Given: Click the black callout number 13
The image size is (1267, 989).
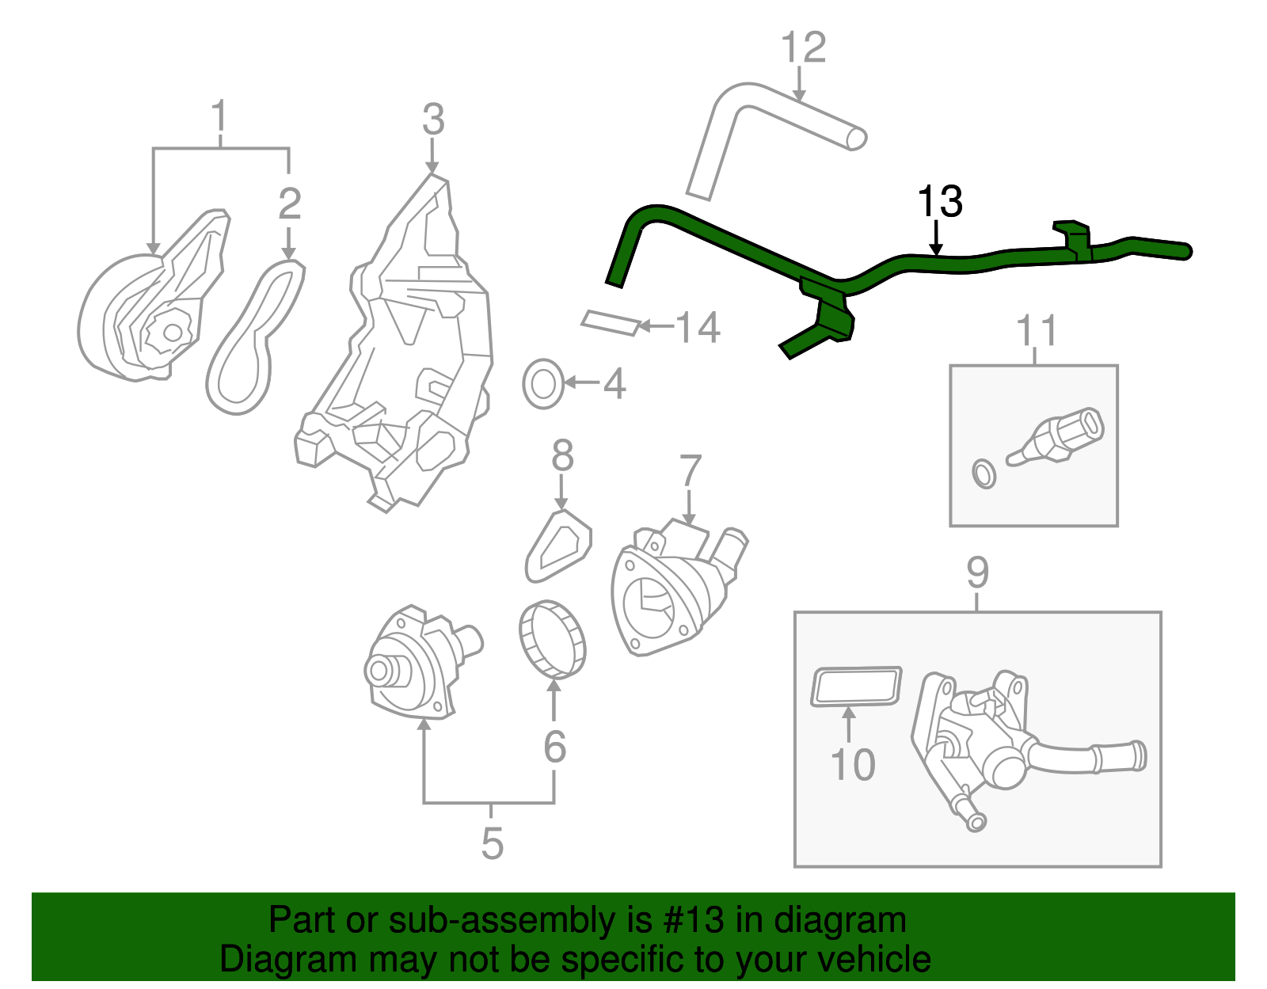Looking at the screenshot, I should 939,202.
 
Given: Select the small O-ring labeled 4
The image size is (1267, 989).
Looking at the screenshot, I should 542,384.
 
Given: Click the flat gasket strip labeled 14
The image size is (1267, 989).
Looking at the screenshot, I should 610,322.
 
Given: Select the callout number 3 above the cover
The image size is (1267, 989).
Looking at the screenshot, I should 433,120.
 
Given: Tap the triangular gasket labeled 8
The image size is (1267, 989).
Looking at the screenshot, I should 559,546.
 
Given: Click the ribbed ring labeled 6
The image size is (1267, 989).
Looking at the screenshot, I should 553,639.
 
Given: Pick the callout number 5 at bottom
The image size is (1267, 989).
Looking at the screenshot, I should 492,843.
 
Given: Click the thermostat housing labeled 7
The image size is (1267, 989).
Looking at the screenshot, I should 673,590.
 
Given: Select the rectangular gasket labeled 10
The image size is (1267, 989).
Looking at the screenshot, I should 856,686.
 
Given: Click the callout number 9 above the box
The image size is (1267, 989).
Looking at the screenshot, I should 977,572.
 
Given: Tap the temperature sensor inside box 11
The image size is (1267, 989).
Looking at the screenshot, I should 1061,436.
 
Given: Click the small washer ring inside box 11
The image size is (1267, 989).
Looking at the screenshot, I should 984,474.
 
